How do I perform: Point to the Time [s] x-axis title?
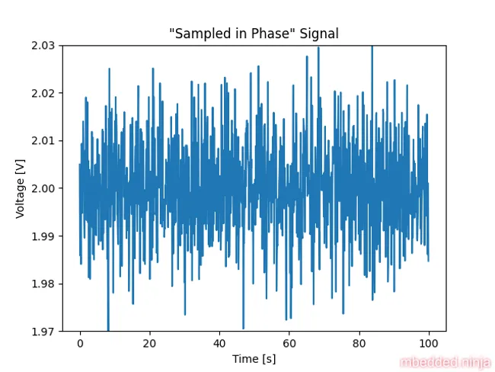254,358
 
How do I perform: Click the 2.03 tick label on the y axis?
43,46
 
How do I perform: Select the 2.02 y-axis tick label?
43,93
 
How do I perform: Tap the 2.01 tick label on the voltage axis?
43,141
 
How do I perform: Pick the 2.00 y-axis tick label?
43,188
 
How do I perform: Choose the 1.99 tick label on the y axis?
43,236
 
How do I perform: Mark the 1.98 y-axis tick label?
43,284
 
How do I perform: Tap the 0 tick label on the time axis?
80,344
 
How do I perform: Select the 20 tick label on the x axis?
150,344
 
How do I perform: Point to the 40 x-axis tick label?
219,344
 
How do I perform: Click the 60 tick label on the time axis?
289,344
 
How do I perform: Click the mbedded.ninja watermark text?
445,363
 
